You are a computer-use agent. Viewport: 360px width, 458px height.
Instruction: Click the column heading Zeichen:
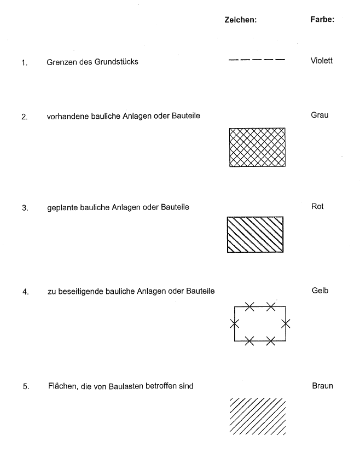[240, 20]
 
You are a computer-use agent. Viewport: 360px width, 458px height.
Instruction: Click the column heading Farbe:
[322, 20]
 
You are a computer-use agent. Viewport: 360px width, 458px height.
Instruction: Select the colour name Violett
[321, 61]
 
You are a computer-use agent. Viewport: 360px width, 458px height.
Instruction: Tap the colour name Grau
[320, 115]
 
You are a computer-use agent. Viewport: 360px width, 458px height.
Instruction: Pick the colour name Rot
[317, 207]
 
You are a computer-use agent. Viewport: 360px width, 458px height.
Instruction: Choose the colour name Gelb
[320, 291]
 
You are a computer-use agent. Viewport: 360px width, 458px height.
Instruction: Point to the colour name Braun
[322, 386]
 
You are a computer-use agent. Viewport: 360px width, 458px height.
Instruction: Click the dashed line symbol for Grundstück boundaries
[257, 59]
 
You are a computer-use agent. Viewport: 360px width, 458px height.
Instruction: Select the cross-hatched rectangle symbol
[257, 147]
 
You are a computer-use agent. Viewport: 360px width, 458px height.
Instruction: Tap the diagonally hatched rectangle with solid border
[256, 234]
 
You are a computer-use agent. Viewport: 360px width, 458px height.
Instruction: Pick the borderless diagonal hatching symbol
[258, 416]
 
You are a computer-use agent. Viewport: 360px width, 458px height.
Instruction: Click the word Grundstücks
[116, 62]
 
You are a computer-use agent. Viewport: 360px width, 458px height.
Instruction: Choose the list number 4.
[25, 292]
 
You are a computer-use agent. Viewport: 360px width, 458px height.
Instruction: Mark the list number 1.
[24, 62]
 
